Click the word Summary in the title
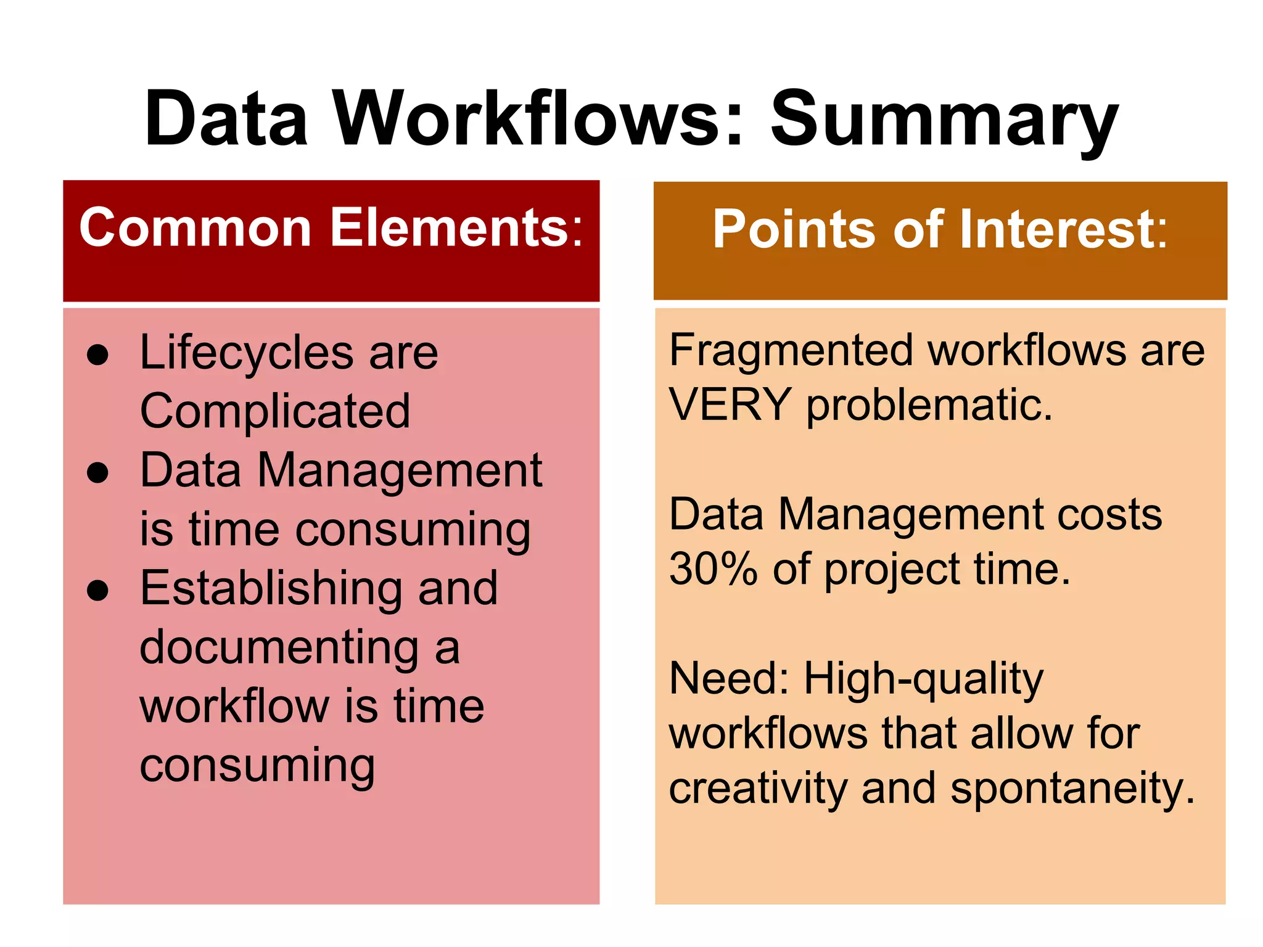[x=944, y=120]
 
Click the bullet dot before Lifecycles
[x=98, y=355]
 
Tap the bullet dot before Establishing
[x=98, y=591]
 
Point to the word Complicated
[x=275, y=411]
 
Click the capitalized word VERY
[x=730, y=405]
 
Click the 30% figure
[x=713, y=569]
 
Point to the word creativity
[x=758, y=789]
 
